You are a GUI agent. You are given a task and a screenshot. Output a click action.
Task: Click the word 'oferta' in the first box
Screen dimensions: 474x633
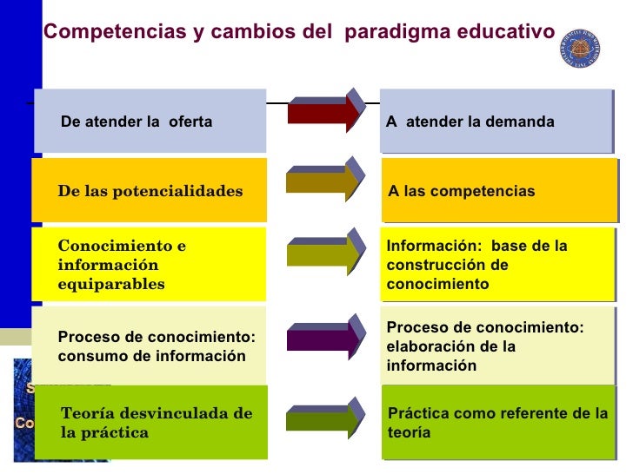click(190, 122)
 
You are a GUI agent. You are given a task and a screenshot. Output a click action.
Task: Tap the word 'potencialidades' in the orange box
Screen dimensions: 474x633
click(182, 191)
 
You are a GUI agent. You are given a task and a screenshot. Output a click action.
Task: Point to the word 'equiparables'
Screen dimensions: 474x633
click(110, 284)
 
